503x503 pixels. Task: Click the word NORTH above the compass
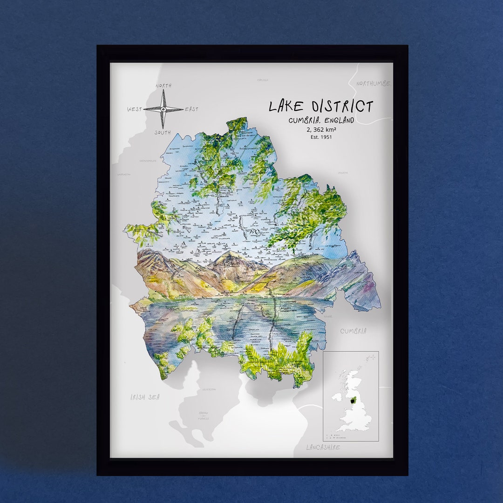point(163,86)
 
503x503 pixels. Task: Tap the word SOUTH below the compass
point(163,133)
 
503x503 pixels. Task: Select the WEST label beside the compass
point(134,109)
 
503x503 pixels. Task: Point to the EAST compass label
point(191,109)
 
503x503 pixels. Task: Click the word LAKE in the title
point(285,107)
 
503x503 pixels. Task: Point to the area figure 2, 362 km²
point(321,129)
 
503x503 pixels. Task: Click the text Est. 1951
point(321,137)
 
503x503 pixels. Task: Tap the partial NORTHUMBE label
point(373,83)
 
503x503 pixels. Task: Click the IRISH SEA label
point(145,397)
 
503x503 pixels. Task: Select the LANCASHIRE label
point(323,447)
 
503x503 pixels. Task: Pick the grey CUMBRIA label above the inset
point(353,331)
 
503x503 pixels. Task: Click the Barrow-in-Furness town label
point(204,415)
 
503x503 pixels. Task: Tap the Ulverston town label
point(209,389)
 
